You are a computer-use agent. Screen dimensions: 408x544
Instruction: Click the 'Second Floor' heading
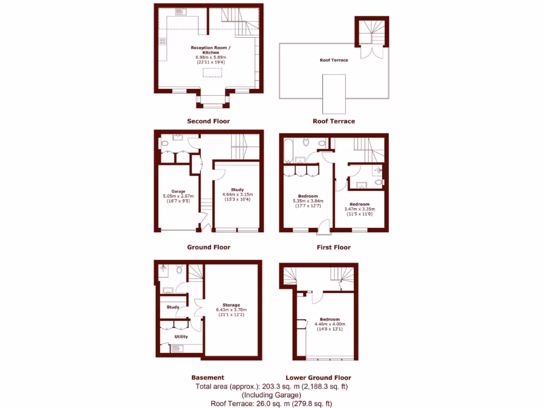click(x=208, y=121)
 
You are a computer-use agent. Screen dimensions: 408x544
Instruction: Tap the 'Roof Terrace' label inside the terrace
click(x=334, y=60)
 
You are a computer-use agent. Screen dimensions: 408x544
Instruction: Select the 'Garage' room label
click(x=178, y=191)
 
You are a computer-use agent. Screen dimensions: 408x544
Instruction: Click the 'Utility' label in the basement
click(x=181, y=337)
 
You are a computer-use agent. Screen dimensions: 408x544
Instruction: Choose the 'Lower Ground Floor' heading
click(x=318, y=378)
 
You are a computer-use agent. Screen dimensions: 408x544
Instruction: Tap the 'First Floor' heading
click(x=334, y=247)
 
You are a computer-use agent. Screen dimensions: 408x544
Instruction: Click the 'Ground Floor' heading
click(x=208, y=247)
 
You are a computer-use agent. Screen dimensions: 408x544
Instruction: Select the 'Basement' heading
click(x=207, y=378)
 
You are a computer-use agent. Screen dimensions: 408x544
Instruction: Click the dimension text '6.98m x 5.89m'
click(x=211, y=57)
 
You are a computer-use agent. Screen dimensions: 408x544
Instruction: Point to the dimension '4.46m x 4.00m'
click(x=330, y=324)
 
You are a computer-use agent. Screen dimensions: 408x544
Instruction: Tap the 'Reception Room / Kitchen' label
click(x=211, y=50)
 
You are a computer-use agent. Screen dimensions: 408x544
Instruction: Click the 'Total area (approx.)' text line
click(x=271, y=386)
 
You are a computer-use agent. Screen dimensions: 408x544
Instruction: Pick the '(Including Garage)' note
click(x=271, y=395)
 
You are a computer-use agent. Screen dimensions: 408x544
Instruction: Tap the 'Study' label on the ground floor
click(x=237, y=190)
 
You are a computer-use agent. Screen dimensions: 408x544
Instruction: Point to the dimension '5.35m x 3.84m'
click(x=308, y=201)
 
